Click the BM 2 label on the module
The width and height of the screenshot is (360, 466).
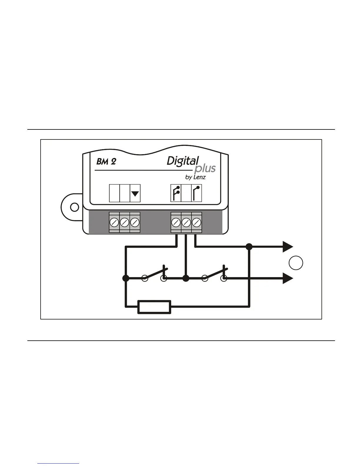[106, 162]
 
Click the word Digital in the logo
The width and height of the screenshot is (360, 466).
[183, 161]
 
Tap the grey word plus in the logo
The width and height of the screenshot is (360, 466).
[205, 169]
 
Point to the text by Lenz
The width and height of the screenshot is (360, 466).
[195, 177]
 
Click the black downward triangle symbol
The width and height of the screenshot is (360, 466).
[135, 194]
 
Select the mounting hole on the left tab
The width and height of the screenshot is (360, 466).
[75, 207]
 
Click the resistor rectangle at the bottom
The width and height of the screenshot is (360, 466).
[154, 307]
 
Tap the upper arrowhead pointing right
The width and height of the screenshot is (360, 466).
[288, 247]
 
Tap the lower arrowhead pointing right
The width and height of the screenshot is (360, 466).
[288, 278]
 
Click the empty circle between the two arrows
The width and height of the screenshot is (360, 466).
[296, 263]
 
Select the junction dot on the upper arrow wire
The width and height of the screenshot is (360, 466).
[249, 247]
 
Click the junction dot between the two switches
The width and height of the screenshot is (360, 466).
[186, 278]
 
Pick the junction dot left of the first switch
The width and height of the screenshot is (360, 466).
[126, 278]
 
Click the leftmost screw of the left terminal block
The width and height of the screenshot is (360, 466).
[114, 222]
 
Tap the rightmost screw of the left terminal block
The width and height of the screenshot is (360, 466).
[135, 222]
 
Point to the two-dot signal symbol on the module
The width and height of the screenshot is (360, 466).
[176, 193]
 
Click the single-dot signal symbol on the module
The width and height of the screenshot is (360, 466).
[196, 193]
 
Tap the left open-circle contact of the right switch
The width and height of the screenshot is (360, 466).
[205, 278]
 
